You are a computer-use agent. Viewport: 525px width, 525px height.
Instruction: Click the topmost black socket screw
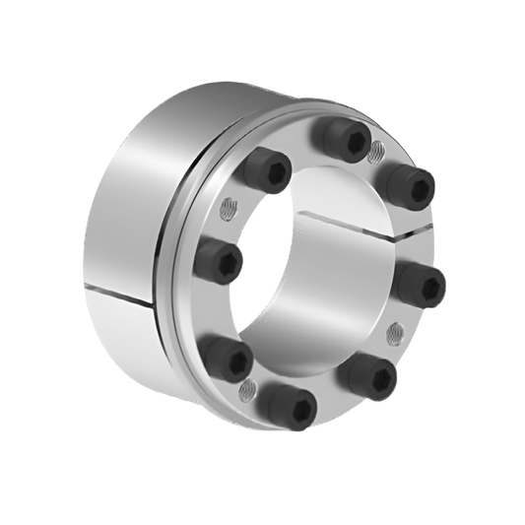[x=345, y=141]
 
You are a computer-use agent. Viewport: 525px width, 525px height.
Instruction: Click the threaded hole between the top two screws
[x=375, y=154]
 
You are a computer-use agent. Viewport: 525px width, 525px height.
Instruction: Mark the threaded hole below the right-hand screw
[x=396, y=330]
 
